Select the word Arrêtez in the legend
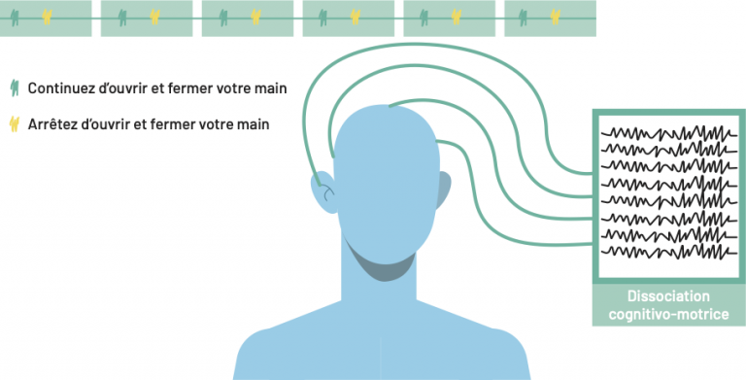click(x=56, y=124)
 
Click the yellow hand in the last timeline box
click(x=556, y=17)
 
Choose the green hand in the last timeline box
click(x=524, y=17)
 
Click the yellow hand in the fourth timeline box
click(x=355, y=17)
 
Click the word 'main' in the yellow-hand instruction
click(x=254, y=124)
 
